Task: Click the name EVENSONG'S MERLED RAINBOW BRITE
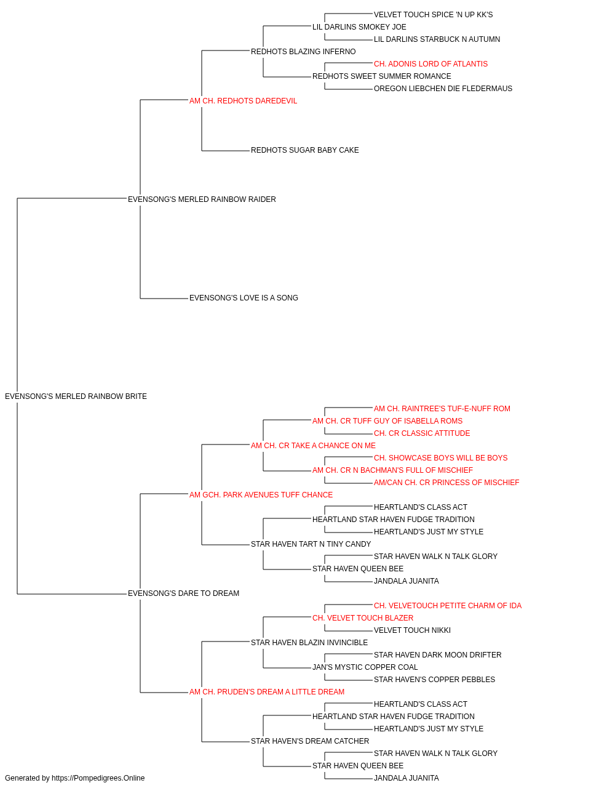pyautogui.click(x=76, y=396)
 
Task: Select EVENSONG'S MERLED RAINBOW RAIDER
pyautogui.click(x=202, y=199)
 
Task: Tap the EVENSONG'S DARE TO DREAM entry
pyautogui.click(x=183, y=593)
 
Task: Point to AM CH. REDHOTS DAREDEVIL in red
pyautogui.click(x=243, y=101)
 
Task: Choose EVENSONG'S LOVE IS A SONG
pyautogui.click(x=244, y=298)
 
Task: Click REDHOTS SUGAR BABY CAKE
pyautogui.click(x=304, y=150)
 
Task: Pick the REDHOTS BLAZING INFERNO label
pyautogui.click(x=303, y=52)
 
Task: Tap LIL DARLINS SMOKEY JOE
pyautogui.click(x=359, y=27)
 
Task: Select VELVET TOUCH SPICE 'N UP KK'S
pyautogui.click(x=433, y=15)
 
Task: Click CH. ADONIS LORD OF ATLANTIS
pyautogui.click(x=430, y=64)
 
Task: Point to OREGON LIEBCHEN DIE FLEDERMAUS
pyautogui.click(x=443, y=89)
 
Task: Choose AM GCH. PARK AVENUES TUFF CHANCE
pyautogui.click(x=261, y=495)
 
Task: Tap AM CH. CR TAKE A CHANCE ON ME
pyautogui.click(x=313, y=446)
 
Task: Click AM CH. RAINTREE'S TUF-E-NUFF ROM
pyautogui.click(x=442, y=409)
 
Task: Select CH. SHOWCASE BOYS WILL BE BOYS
pyautogui.click(x=440, y=458)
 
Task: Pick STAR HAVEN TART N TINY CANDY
pyautogui.click(x=311, y=544)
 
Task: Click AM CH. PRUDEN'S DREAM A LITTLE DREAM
pyautogui.click(x=266, y=692)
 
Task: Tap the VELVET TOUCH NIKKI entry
pyautogui.click(x=412, y=630)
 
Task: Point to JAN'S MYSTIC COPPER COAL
pyautogui.click(x=365, y=667)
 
